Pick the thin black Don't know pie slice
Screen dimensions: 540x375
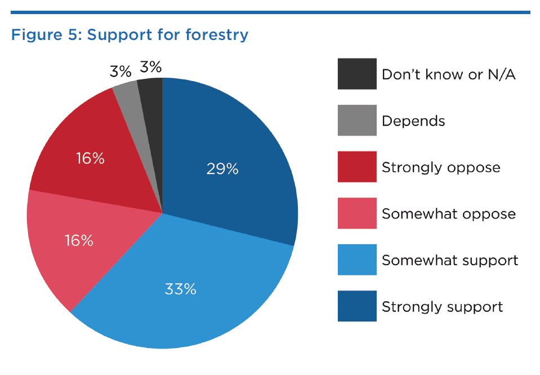tap(153, 103)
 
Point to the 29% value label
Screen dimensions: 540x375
tap(222, 169)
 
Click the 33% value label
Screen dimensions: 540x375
tap(180, 289)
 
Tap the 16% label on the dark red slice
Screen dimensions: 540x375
tap(90, 158)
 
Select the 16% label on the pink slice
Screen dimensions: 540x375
tap(79, 240)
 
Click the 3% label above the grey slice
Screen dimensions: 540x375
tap(121, 72)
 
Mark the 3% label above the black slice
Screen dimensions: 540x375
tap(150, 67)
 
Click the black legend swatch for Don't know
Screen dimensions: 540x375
tap(357, 74)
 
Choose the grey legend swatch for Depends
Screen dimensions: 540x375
tap(357, 120)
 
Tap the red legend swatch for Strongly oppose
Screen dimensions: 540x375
tap(357, 167)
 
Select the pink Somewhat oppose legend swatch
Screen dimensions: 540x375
tap(357, 213)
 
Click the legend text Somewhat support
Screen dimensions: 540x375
tap(450, 261)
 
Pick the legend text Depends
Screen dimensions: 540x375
tap(413, 121)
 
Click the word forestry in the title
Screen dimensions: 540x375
tap(217, 35)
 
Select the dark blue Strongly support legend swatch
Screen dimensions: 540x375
tap(357, 306)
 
